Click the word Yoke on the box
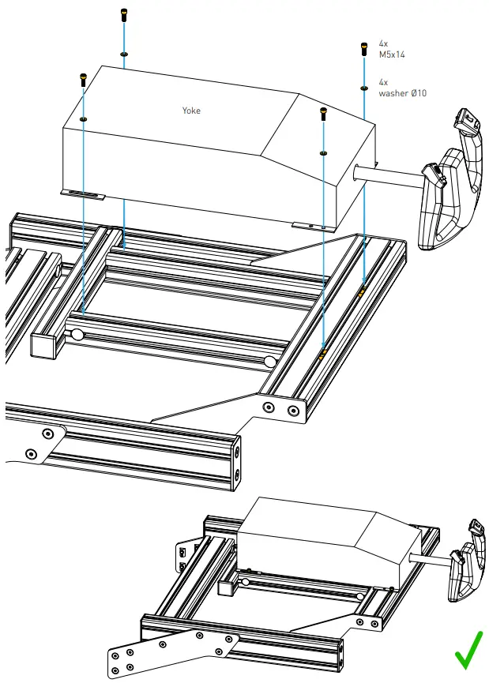coord(191,111)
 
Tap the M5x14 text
coord(393,55)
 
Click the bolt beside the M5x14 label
coord(363,49)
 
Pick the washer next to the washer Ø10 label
coord(363,88)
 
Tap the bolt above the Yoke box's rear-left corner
coord(123,15)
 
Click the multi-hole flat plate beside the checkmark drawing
coord(170,651)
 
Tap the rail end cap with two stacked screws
coord(237,461)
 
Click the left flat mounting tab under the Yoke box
coord(82,193)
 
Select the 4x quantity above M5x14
coord(383,43)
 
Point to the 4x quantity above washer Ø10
coord(383,82)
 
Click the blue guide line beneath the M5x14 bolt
coord(363,182)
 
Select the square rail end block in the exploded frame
coord(46,344)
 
